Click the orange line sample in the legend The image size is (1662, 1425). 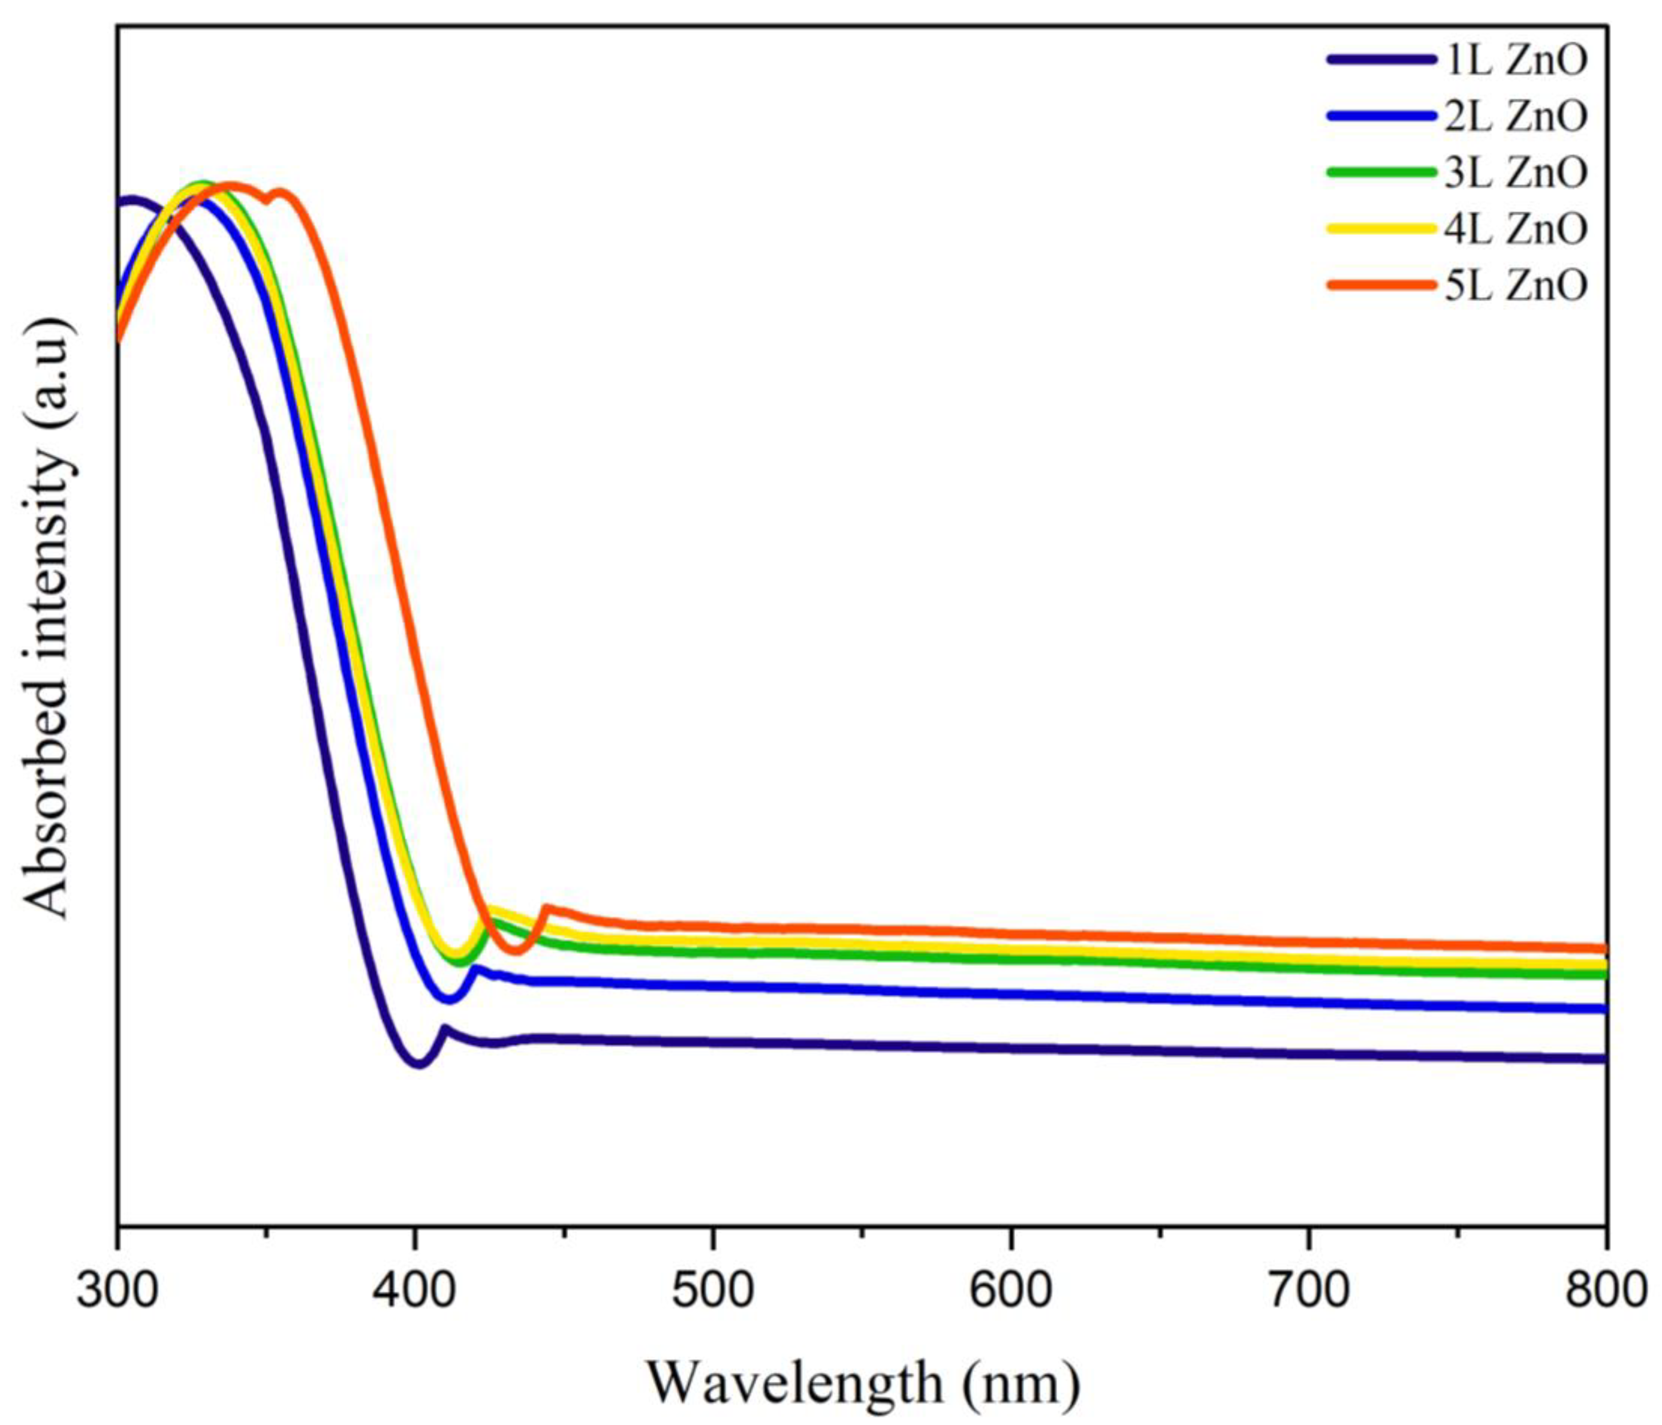click(x=1379, y=285)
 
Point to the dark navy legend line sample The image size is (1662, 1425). click(x=1379, y=59)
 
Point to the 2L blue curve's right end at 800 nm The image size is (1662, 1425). click(x=1604, y=1009)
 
